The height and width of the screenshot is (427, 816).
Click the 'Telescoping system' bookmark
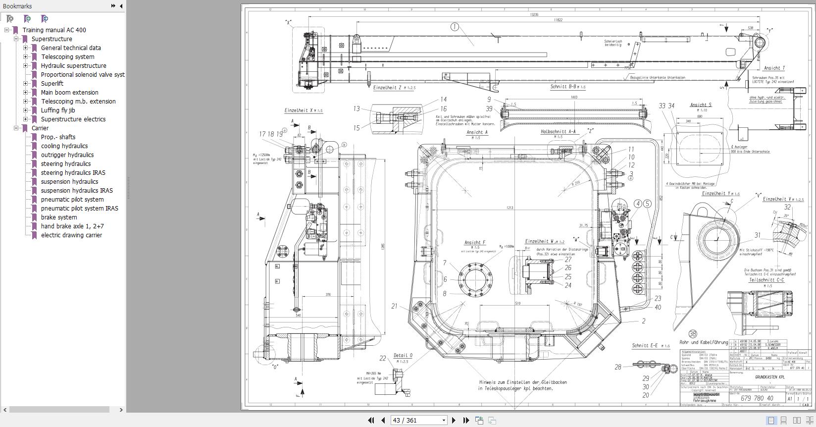click(67, 57)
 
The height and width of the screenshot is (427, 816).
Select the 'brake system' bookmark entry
click(58, 217)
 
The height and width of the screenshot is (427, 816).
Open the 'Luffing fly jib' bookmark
click(57, 110)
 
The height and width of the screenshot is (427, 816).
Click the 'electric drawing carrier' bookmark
click(71, 235)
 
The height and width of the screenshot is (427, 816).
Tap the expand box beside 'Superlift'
click(26, 84)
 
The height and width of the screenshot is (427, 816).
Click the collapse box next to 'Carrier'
click(16, 128)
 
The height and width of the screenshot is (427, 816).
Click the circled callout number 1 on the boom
click(455, 27)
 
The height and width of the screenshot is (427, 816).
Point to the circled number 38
click(692, 334)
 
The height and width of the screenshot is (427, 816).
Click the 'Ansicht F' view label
click(474, 243)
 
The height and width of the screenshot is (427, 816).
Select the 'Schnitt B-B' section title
click(564, 87)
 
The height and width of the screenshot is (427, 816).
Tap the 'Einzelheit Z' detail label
click(387, 88)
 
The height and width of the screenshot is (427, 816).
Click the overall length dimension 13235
click(534, 15)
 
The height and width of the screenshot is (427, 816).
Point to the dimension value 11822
click(558, 20)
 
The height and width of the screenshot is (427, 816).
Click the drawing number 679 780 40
click(757, 398)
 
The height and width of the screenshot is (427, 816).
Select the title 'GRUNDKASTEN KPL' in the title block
click(769, 377)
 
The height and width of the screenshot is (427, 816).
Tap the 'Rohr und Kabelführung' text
click(704, 342)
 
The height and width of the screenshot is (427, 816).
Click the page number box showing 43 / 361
click(418, 421)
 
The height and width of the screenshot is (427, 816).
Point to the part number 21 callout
click(394, 306)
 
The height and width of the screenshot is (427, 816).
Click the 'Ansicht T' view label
click(774, 68)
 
